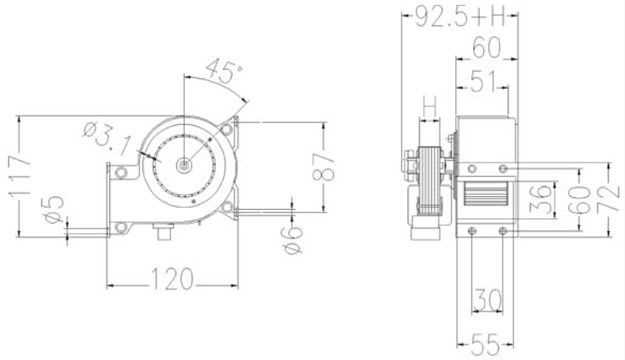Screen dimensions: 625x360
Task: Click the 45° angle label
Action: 224,71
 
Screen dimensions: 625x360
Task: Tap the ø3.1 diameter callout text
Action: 107,137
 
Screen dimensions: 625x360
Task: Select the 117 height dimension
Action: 19,176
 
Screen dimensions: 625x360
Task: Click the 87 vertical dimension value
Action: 323,167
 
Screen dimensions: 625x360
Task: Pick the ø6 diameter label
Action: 293,238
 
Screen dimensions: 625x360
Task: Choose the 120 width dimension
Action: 172,279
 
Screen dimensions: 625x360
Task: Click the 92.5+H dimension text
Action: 460,16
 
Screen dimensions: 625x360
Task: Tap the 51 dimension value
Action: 483,82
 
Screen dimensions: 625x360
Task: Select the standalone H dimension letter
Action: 429,105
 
